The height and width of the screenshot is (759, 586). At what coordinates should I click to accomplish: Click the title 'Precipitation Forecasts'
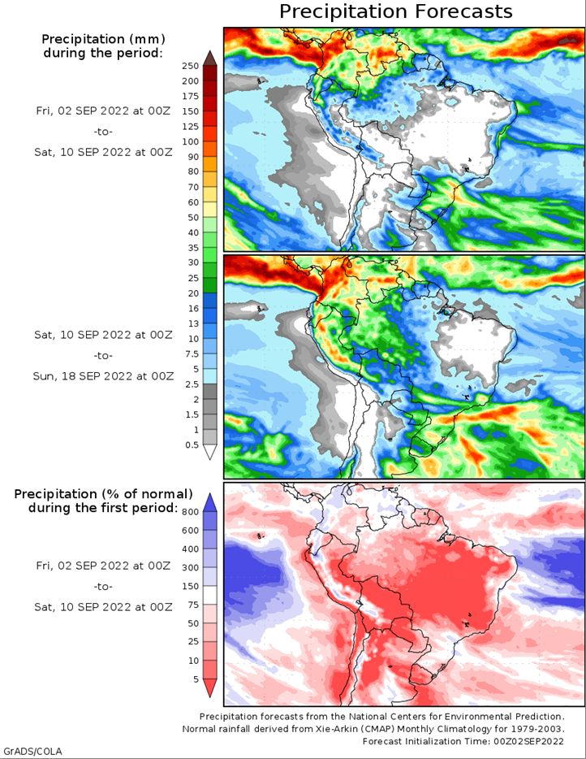pyautogui.click(x=395, y=11)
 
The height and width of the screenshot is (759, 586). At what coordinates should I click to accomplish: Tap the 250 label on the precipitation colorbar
pyautogui.click(x=191, y=66)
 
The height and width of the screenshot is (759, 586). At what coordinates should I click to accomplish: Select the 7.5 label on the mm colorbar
pyautogui.click(x=192, y=353)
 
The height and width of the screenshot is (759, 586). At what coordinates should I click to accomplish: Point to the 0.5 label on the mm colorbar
pyautogui.click(x=192, y=445)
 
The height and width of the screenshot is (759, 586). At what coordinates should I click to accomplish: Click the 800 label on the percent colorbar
pyautogui.click(x=191, y=512)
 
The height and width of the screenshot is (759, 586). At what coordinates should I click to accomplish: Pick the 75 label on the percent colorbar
pyautogui.click(x=193, y=605)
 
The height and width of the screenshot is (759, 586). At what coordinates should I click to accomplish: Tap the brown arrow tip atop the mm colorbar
pyautogui.click(x=210, y=58)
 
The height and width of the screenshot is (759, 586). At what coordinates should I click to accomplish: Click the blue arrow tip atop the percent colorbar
pyautogui.click(x=210, y=502)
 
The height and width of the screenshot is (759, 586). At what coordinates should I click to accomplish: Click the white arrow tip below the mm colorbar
pyautogui.click(x=210, y=452)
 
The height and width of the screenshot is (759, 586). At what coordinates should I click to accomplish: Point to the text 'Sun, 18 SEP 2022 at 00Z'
pyautogui.click(x=103, y=376)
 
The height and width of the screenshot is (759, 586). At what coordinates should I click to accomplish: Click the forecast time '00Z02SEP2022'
pyautogui.click(x=528, y=741)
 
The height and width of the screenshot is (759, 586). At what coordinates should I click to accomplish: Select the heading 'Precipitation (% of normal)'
pyautogui.click(x=103, y=494)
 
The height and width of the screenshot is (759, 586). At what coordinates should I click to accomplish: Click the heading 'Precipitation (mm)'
pyautogui.click(x=103, y=39)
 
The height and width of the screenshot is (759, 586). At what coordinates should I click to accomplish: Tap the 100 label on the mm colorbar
pyautogui.click(x=191, y=141)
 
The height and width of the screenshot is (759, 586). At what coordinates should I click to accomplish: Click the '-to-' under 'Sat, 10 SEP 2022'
pyautogui.click(x=103, y=355)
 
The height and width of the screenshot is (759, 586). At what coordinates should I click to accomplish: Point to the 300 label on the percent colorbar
pyautogui.click(x=191, y=567)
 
